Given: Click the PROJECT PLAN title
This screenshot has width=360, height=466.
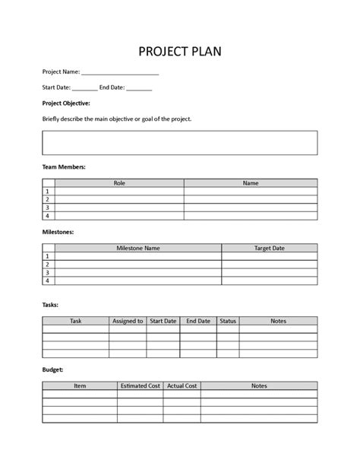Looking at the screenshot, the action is (x=180, y=51).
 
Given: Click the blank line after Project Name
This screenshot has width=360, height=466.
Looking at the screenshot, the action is (x=119, y=74).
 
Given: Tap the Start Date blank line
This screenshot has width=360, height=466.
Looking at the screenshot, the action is (x=85, y=88).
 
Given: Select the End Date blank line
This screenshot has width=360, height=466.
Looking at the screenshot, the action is (x=139, y=88).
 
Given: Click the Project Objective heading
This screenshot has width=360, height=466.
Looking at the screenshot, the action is (x=66, y=103).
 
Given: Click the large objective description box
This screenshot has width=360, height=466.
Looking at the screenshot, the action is (x=180, y=142).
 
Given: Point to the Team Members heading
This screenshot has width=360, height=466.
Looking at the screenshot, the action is (x=64, y=166).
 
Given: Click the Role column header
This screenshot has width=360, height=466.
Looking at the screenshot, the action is (x=119, y=183).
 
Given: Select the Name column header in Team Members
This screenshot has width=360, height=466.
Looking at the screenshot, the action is (x=251, y=183).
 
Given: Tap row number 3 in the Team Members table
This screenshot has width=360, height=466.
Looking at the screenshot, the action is (x=47, y=208).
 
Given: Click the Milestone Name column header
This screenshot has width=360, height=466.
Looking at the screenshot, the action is (x=137, y=248).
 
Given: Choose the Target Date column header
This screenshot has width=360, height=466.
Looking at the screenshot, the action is (x=269, y=248).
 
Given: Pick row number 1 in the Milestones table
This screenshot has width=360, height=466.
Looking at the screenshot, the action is (x=47, y=256).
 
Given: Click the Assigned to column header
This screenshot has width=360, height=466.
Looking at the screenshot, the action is (x=128, y=322).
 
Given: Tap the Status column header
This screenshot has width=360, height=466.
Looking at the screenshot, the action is (x=228, y=322).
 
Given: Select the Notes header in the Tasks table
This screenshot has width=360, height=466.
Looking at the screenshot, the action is (x=278, y=322).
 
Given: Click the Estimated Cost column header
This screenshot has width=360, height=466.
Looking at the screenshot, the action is (x=140, y=386).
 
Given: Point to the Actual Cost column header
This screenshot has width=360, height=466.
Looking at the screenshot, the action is (x=182, y=386).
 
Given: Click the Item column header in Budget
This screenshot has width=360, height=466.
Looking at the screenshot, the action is (x=80, y=386).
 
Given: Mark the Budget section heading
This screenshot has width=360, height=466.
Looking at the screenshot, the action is (x=52, y=369).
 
